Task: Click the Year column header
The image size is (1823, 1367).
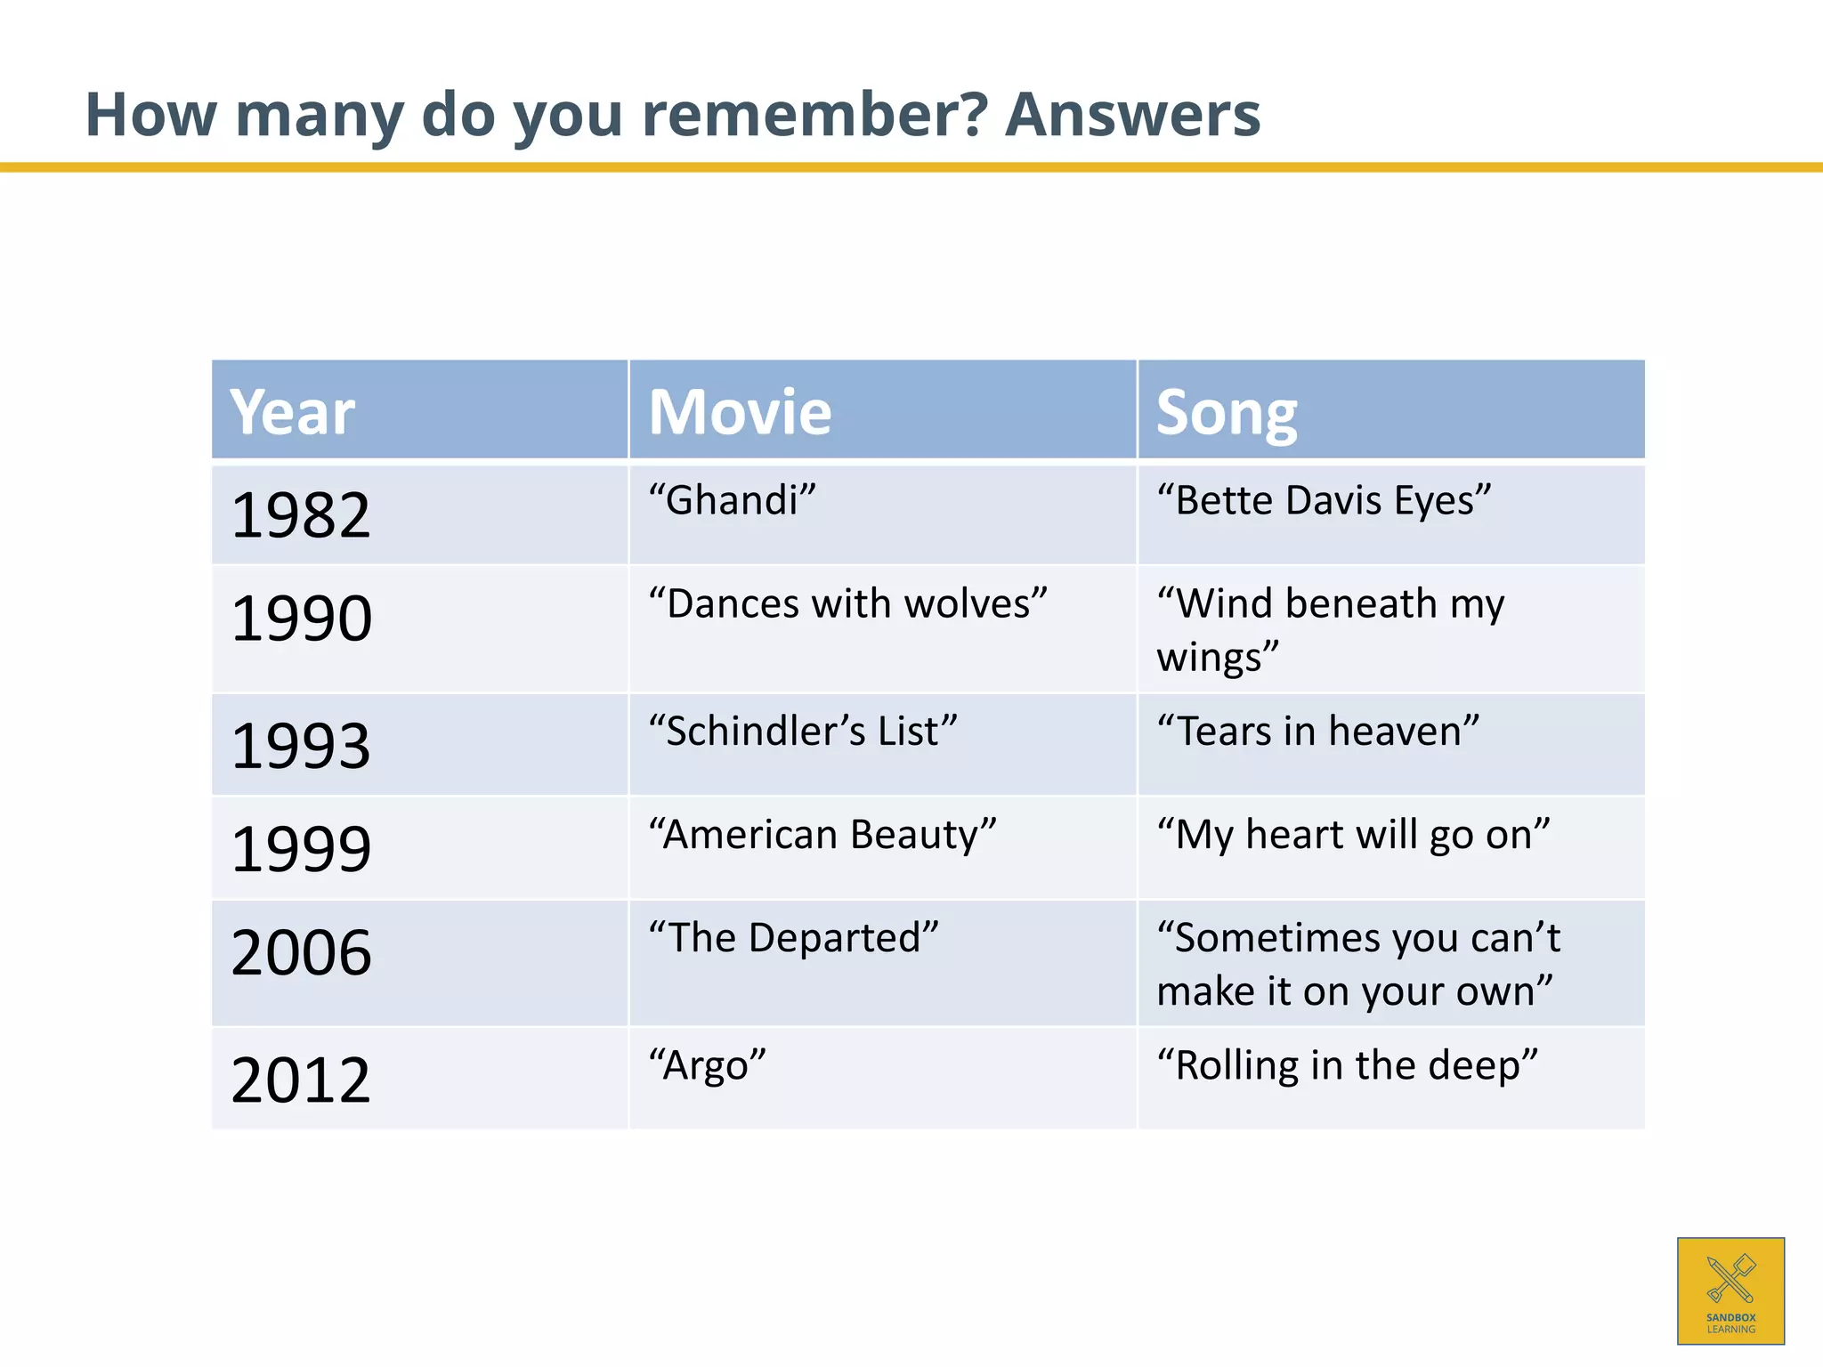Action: point(292,412)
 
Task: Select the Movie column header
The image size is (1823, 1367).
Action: point(740,412)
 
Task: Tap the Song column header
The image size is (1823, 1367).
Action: point(1226,414)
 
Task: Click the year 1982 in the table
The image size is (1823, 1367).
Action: point(300,515)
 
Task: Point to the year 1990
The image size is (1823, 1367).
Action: point(301,618)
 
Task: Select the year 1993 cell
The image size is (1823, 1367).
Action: point(300,745)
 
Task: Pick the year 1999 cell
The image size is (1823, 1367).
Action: point(300,848)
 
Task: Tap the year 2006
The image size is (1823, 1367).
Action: point(301,951)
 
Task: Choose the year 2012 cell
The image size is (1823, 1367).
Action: point(300,1080)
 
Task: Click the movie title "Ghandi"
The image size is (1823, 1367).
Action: point(732,500)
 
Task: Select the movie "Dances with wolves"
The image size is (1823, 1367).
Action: point(847,603)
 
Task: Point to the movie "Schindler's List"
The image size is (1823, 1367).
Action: point(803,732)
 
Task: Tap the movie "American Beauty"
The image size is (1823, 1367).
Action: point(822,835)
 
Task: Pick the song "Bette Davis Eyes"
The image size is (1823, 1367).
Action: point(1324,500)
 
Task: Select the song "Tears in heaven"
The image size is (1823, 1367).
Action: point(1317,732)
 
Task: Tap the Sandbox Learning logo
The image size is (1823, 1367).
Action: point(1730,1290)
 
